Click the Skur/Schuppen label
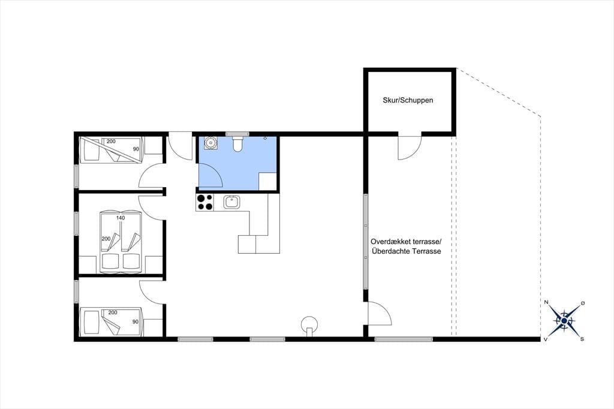[408, 100]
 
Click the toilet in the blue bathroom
[237, 144]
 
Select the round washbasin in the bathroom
[210, 143]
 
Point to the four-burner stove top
[205, 202]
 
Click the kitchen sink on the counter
[231, 202]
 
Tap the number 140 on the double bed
[120, 218]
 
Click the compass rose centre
[564, 321]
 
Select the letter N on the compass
[546, 302]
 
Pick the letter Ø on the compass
[583, 303]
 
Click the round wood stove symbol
[309, 324]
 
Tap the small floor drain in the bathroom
[265, 139]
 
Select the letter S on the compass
[582, 339]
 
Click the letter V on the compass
[545, 339]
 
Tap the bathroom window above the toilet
[237, 134]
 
